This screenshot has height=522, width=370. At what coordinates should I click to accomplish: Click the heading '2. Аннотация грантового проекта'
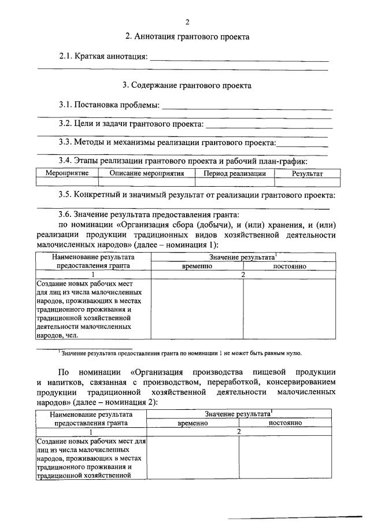click(x=187, y=36)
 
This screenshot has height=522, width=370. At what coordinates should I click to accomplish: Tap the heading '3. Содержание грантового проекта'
click(x=187, y=85)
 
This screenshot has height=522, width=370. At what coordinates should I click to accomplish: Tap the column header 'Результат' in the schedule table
click(x=307, y=173)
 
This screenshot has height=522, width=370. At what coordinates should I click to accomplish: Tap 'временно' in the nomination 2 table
click(x=193, y=423)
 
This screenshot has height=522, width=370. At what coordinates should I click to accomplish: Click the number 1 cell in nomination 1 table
click(x=92, y=275)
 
